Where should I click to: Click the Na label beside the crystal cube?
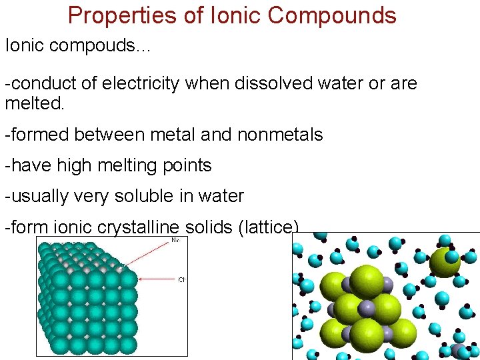pos(175,239)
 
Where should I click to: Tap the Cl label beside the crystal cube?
pos(181,279)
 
